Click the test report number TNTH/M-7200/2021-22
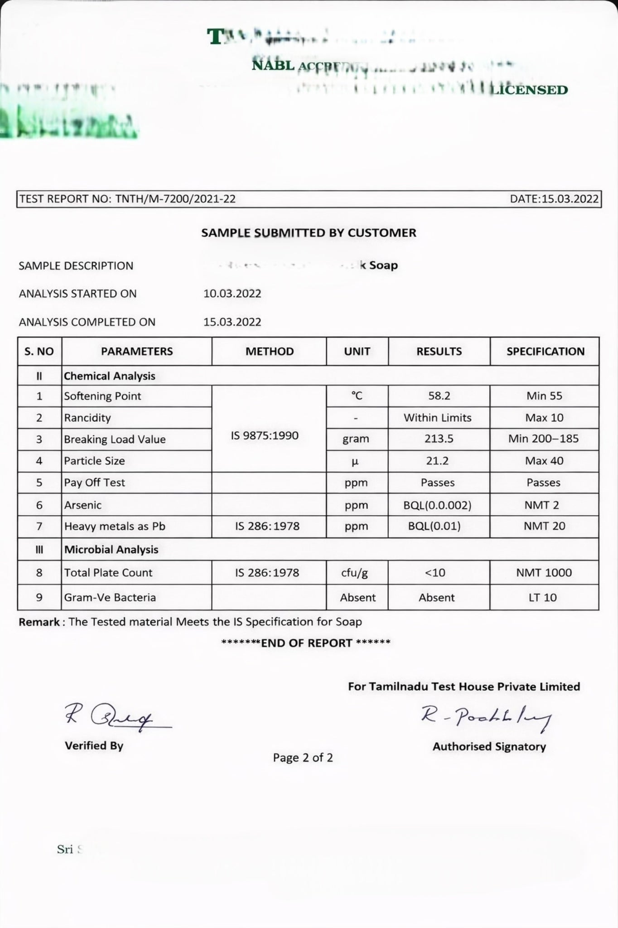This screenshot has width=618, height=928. click(x=175, y=199)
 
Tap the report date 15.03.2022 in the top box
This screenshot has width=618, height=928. click(x=570, y=199)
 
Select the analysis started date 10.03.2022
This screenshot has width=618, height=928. click(x=232, y=294)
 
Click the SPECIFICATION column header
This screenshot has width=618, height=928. click(x=545, y=351)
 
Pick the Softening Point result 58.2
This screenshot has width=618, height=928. click(x=439, y=396)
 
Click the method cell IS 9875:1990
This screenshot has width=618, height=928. click(x=265, y=435)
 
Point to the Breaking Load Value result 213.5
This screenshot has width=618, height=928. click(x=439, y=439)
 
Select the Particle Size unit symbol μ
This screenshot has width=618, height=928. click(x=355, y=461)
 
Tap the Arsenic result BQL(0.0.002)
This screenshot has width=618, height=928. click(x=437, y=505)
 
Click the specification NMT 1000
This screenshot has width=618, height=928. click(x=544, y=573)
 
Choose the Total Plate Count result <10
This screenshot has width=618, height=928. click(x=435, y=573)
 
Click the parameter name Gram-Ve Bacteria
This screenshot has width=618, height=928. click(x=110, y=597)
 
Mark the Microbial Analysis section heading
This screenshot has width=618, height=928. click(x=111, y=550)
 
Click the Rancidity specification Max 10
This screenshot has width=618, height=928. click(x=544, y=418)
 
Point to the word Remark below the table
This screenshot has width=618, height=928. click(x=39, y=622)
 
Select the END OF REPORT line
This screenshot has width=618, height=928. click(x=306, y=643)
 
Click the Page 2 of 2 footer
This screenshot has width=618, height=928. click(x=303, y=758)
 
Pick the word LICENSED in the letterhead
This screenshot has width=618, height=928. click(x=529, y=90)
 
